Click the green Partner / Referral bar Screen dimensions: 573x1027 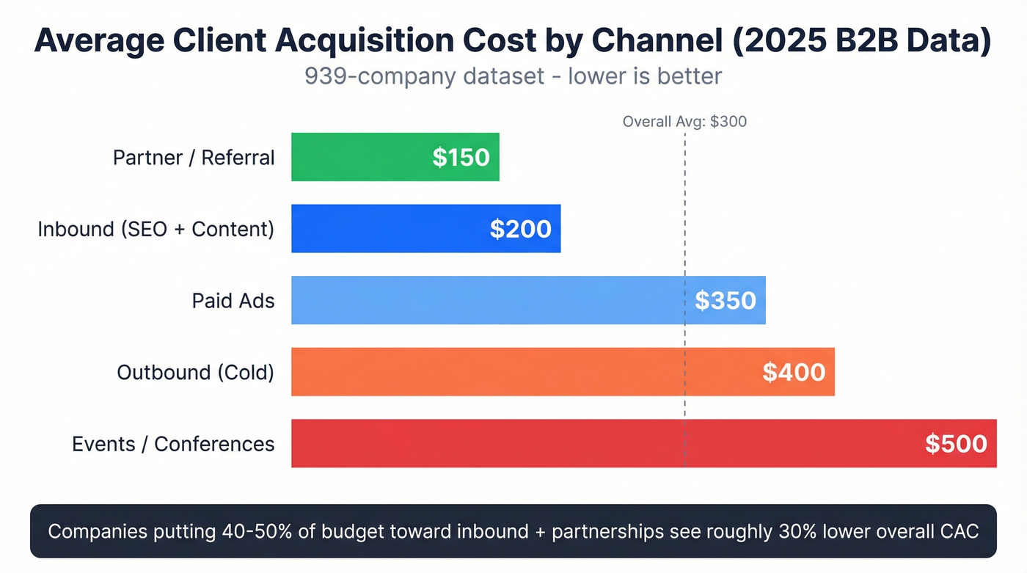point(359,157)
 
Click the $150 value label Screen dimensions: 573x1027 point(461,157)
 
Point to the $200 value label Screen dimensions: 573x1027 point(520,229)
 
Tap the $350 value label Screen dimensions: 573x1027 point(725,300)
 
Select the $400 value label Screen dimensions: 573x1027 point(794,372)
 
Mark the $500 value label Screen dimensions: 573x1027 point(955,444)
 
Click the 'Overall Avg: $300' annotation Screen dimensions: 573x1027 point(684,122)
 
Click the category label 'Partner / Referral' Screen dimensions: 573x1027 point(194,158)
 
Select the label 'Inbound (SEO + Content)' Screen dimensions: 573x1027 point(156,229)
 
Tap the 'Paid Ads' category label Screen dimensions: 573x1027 point(233,301)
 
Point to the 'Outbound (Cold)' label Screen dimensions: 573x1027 point(195,372)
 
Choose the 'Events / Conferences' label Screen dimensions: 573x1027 point(173,444)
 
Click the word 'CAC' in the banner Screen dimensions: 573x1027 point(958,531)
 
